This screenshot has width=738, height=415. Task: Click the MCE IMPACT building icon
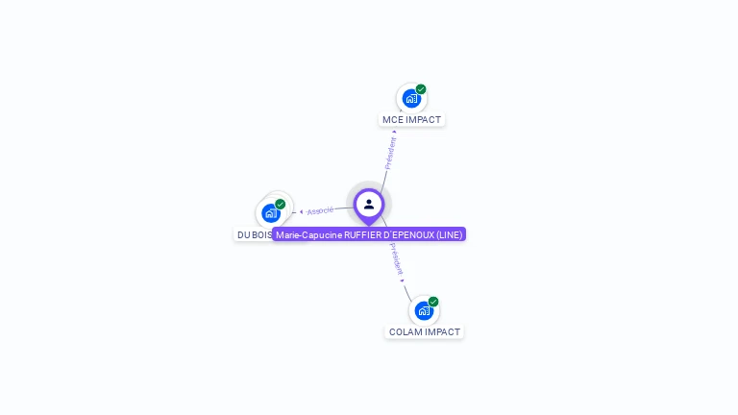click(x=411, y=99)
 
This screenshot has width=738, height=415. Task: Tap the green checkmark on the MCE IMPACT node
click(x=421, y=89)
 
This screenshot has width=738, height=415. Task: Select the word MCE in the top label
click(x=392, y=120)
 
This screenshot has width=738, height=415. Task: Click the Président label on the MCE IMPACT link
click(x=391, y=153)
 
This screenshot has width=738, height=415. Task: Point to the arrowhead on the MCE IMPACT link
click(x=394, y=132)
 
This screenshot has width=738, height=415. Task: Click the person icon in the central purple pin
click(x=369, y=204)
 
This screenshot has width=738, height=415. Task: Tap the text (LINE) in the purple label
click(x=449, y=234)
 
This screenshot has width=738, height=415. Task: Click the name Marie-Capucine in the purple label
click(x=308, y=234)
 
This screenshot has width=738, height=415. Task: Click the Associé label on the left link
click(x=320, y=210)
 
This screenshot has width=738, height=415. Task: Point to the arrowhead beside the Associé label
click(x=302, y=211)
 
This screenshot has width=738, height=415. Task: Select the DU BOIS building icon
click(x=270, y=213)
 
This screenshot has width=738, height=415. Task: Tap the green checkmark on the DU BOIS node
click(x=280, y=204)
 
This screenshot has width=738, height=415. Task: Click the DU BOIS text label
click(x=255, y=234)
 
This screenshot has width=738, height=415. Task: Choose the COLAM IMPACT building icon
click(x=424, y=311)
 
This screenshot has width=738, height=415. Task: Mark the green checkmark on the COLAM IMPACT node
click(x=433, y=302)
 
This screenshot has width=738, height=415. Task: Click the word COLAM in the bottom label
click(x=406, y=331)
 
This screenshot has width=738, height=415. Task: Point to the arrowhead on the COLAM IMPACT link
click(x=403, y=280)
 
